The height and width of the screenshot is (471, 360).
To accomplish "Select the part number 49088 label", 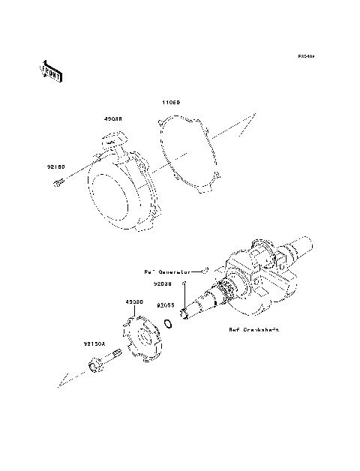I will pos(113,118).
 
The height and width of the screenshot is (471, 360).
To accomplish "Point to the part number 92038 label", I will pos(164,284).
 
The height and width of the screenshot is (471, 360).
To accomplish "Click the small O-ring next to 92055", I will pos(172,325).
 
